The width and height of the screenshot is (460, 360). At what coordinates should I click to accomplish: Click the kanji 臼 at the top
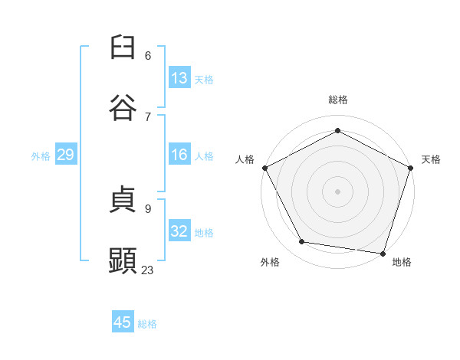point(123,47)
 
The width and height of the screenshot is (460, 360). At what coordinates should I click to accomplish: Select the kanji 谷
point(123,107)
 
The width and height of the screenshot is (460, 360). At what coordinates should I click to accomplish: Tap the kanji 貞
point(123,199)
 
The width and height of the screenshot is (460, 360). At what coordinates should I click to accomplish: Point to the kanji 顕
point(123,260)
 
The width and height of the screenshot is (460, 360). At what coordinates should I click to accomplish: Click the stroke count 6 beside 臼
point(148,56)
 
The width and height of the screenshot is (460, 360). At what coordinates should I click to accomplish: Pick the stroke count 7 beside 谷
point(148,117)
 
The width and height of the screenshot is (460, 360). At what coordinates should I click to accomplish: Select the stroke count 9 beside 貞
point(148,209)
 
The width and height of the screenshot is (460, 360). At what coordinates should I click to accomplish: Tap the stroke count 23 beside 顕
point(147,270)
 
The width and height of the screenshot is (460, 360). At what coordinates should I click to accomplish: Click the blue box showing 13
point(179,77)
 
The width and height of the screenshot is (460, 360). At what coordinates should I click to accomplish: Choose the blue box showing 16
point(179,154)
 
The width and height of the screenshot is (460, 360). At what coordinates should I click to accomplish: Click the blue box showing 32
point(179,230)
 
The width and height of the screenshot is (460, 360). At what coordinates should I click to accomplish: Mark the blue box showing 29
point(66,154)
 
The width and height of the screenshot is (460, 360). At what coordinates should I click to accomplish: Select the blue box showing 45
point(123,321)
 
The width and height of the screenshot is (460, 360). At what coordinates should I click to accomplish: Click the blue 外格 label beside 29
point(41,156)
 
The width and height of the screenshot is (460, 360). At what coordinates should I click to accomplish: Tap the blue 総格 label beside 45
point(147,324)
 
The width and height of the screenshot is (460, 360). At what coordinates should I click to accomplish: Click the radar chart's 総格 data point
point(337,130)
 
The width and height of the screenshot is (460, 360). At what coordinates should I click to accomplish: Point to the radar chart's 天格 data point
point(411,168)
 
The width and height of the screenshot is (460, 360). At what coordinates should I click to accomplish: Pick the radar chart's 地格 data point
point(383,254)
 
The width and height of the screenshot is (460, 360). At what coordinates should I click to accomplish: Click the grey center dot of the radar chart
point(337,191)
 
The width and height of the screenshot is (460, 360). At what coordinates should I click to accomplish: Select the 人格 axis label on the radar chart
point(245,159)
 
